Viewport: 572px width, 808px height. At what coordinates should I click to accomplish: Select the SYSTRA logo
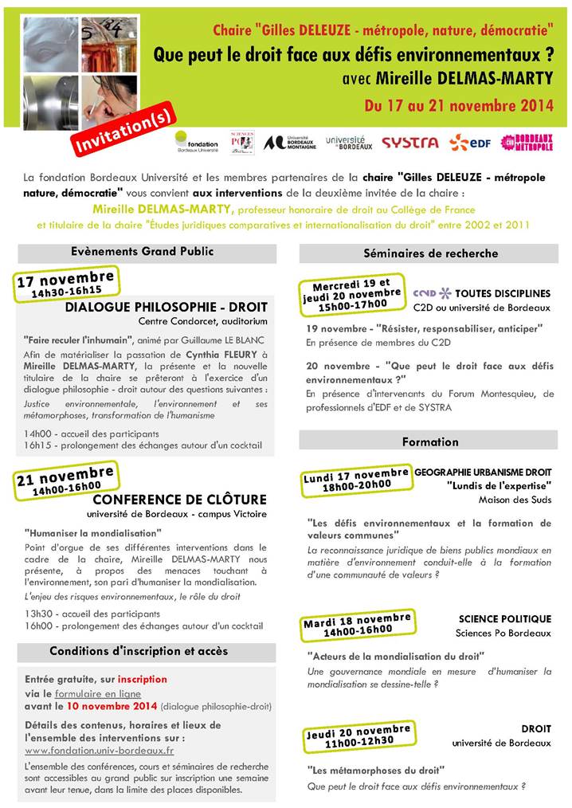(x=409, y=143)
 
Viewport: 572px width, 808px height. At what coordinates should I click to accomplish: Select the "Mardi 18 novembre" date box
(x=357, y=624)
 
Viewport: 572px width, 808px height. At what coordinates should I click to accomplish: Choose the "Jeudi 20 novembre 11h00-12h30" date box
(x=358, y=735)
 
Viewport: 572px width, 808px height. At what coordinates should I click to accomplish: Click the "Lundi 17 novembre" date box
(x=356, y=479)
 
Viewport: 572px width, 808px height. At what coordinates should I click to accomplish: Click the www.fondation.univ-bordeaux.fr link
(x=100, y=750)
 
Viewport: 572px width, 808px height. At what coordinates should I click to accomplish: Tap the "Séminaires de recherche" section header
(x=429, y=253)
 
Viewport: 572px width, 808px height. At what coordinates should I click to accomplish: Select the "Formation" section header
(x=429, y=441)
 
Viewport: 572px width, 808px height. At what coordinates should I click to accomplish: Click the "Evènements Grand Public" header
(x=147, y=252)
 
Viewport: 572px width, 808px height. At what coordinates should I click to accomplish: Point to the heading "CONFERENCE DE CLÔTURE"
(x=179, y=500)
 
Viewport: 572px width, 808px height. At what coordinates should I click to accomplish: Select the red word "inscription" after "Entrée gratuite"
(x=143, y=679)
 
